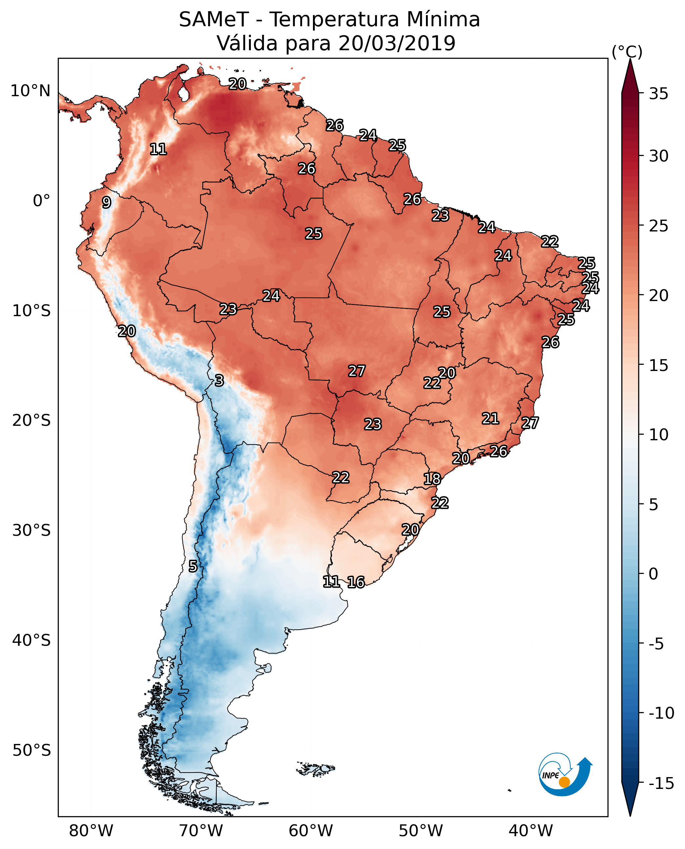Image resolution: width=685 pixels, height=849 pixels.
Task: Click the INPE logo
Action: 565,775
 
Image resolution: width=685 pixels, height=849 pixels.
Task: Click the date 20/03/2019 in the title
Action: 397,43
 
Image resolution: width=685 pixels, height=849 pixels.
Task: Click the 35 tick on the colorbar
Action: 658,94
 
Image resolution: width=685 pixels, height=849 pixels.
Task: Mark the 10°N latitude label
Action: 31,91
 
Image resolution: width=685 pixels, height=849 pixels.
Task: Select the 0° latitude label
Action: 41,201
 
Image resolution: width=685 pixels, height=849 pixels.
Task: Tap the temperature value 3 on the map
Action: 219,381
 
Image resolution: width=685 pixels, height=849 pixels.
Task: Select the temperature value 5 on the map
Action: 192,567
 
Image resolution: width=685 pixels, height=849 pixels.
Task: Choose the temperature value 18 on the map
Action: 432,479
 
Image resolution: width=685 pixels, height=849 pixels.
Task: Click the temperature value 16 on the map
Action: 356,582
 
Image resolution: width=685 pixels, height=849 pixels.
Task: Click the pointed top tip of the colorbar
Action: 630,60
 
